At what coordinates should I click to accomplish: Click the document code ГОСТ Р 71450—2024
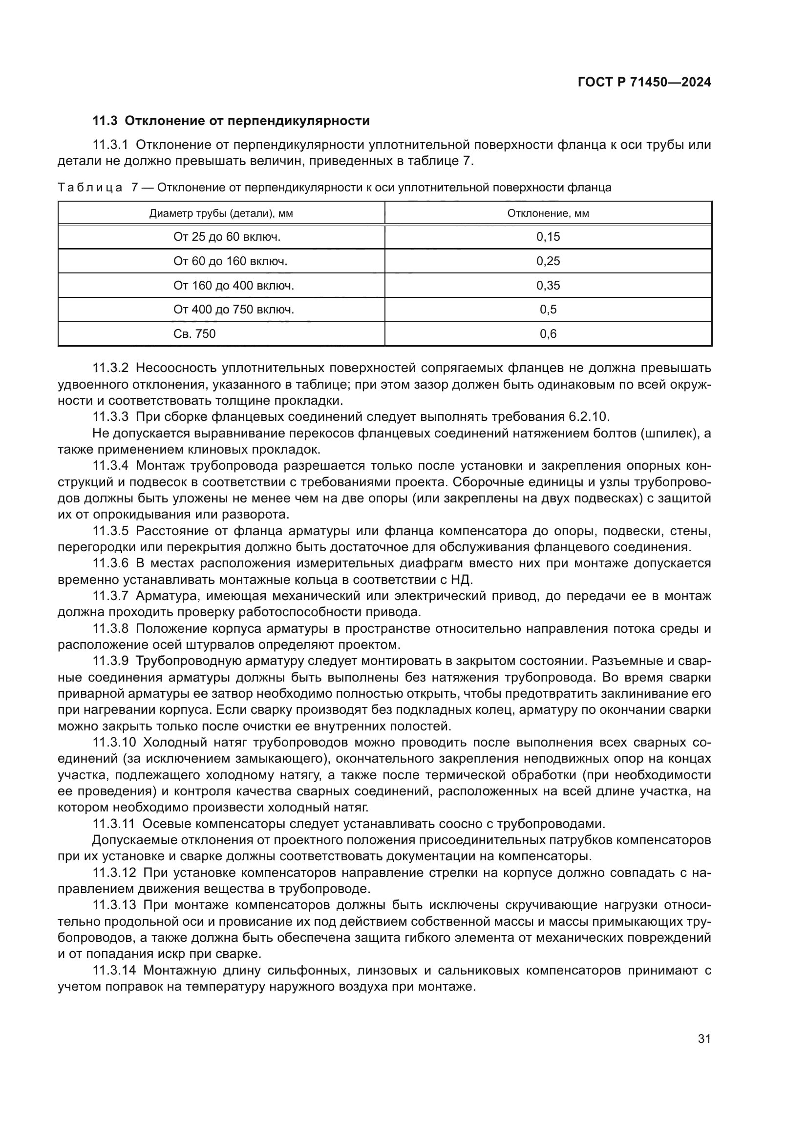click(x=644, y=83)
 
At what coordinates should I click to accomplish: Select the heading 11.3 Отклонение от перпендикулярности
click(x=232, y=121)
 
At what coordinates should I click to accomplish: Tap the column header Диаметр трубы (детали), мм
click(x=221, y=213)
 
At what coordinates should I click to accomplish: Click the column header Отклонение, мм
click(x=548, y=213)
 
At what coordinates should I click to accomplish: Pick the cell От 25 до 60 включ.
click(x=227, y=237)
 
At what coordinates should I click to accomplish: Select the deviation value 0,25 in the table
click(x=548, y=261)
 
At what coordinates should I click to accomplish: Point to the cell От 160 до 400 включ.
click(x=234, y=286)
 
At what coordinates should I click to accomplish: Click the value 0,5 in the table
click(x=548, y=310)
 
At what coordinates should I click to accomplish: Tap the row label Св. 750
click(x=194, y=334)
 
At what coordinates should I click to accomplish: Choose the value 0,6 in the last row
click(x=548, y=334)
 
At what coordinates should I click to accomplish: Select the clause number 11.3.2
click(x=110, y=368)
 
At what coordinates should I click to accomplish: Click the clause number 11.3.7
click(x=110, y=596)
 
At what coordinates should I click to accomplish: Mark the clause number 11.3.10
click(x=114, y=743)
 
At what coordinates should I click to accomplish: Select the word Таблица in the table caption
click(x=90, y=188)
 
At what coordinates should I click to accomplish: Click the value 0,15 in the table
click(x=548, y=237)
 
